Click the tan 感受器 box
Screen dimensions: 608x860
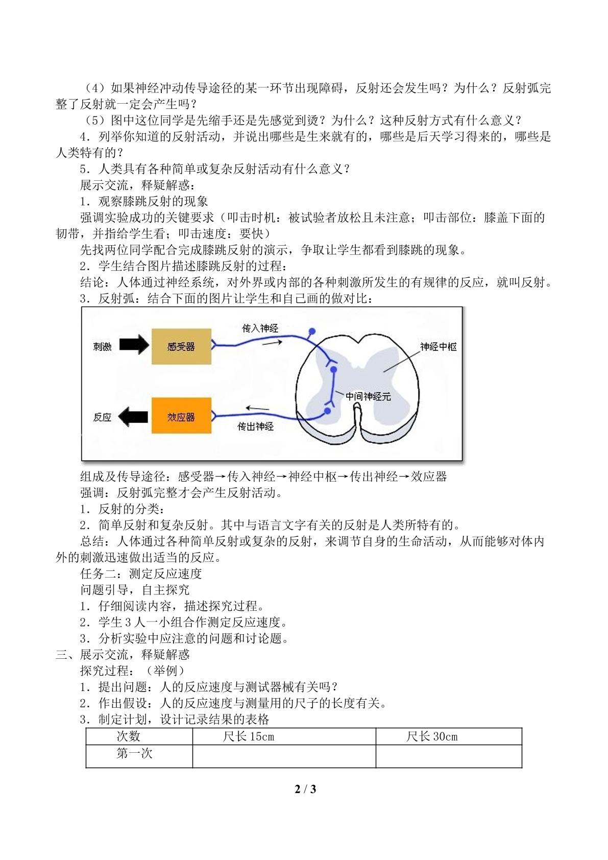pos(182,346)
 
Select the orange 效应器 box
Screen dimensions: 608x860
pos(182,416)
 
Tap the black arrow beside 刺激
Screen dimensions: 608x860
pos(134,344)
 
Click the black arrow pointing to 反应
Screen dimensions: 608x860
pos(133,417)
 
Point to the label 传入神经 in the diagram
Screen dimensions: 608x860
pos(260,328)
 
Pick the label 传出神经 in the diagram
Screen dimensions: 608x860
pos(256,426)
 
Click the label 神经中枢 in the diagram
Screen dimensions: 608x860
pos(439,347)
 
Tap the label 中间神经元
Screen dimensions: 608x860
pos(368,397)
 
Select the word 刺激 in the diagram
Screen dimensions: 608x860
pos(102,347)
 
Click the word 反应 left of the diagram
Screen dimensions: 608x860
pos(102,417)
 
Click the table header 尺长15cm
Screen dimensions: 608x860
pos(248,736)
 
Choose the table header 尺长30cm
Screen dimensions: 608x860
pos(432,736)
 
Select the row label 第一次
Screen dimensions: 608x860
pos(134,753)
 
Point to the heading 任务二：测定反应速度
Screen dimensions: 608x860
pos(141,574)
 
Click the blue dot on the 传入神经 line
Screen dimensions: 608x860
pos(312,331)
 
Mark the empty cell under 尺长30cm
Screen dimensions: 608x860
pos(449,756)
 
